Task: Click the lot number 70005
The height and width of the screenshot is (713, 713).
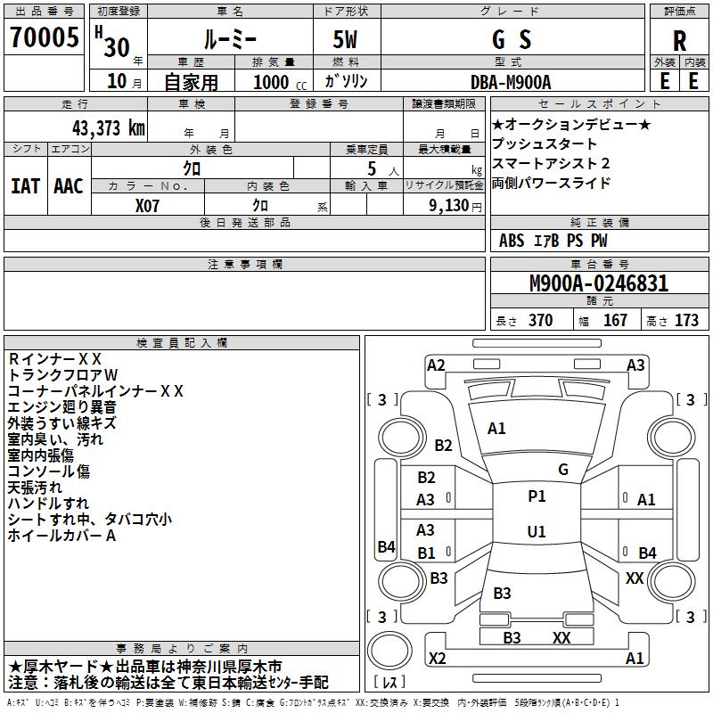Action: click(x=43, y=39)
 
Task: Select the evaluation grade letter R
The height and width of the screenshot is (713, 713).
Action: click(x=679, y=40)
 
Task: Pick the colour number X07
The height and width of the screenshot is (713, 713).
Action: click(x=148, y=204)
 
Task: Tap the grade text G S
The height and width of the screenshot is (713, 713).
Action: click(x=511, y=40)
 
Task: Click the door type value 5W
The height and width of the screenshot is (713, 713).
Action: click(x=347, y=40)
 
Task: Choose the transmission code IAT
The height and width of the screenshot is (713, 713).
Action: click(x=25, y=186)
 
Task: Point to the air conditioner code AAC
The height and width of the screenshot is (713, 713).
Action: click(x=69, y=186)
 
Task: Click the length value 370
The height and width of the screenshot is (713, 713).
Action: click(x=540, y=321)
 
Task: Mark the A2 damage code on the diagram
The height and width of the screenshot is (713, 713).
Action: click(x=436, y=365)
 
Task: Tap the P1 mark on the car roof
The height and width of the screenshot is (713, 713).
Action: click(x=537, y=496)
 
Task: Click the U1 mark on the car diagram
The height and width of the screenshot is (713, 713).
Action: click(x=537, y=531)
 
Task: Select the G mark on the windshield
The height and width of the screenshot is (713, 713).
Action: click(x=562, y=469)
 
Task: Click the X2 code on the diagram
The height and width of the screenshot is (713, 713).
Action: click(x=437, y=659)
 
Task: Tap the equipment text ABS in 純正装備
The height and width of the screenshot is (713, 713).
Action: click(x=512, y=241)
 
